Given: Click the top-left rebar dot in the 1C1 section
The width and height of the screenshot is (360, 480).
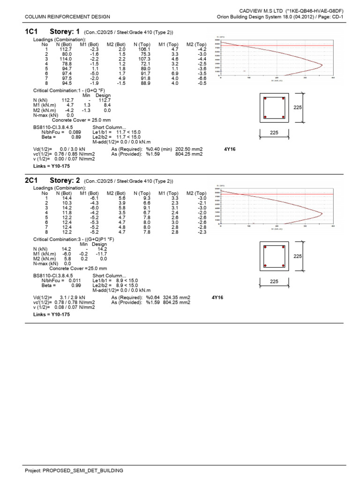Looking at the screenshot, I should pos(265,99).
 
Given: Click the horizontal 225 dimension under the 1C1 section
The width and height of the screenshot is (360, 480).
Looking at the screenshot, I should pos(274,133).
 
